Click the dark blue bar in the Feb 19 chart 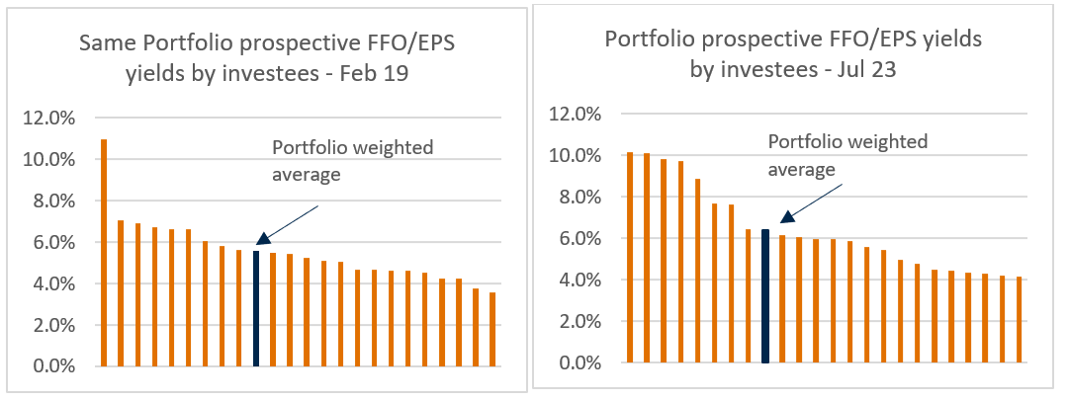tap(256, 308)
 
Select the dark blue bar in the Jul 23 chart tap(765, 296)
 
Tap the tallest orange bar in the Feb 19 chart tap(104, 253)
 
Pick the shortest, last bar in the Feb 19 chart tap(492, 329)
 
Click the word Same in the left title tap(105, 43)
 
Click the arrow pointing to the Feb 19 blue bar tap(287, 223)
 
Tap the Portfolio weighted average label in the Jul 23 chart tap(847, 155)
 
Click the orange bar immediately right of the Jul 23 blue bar tap(782, 298)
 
